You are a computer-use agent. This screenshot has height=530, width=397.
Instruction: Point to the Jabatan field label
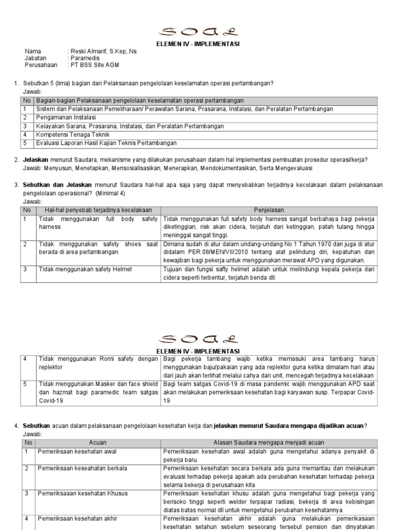pyautogui.click(x=36, y=58)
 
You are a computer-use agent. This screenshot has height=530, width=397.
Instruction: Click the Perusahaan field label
pyautogui.click(x=41, y=65)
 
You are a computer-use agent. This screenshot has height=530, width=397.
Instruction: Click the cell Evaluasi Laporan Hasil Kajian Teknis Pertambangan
pyautogui.click(x=106, y=143)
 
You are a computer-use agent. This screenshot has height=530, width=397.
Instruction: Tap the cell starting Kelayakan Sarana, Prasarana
pyautogui.click(x=129, y=126)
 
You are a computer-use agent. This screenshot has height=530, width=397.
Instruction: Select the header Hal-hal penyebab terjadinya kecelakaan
pyautogui.click(x=98, y=210)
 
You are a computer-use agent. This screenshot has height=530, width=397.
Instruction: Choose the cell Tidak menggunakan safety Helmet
pyautogui.click(x=85, y=269)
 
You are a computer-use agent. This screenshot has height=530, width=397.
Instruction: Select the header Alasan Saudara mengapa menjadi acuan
pyautogui.click(x=269, y=443)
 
